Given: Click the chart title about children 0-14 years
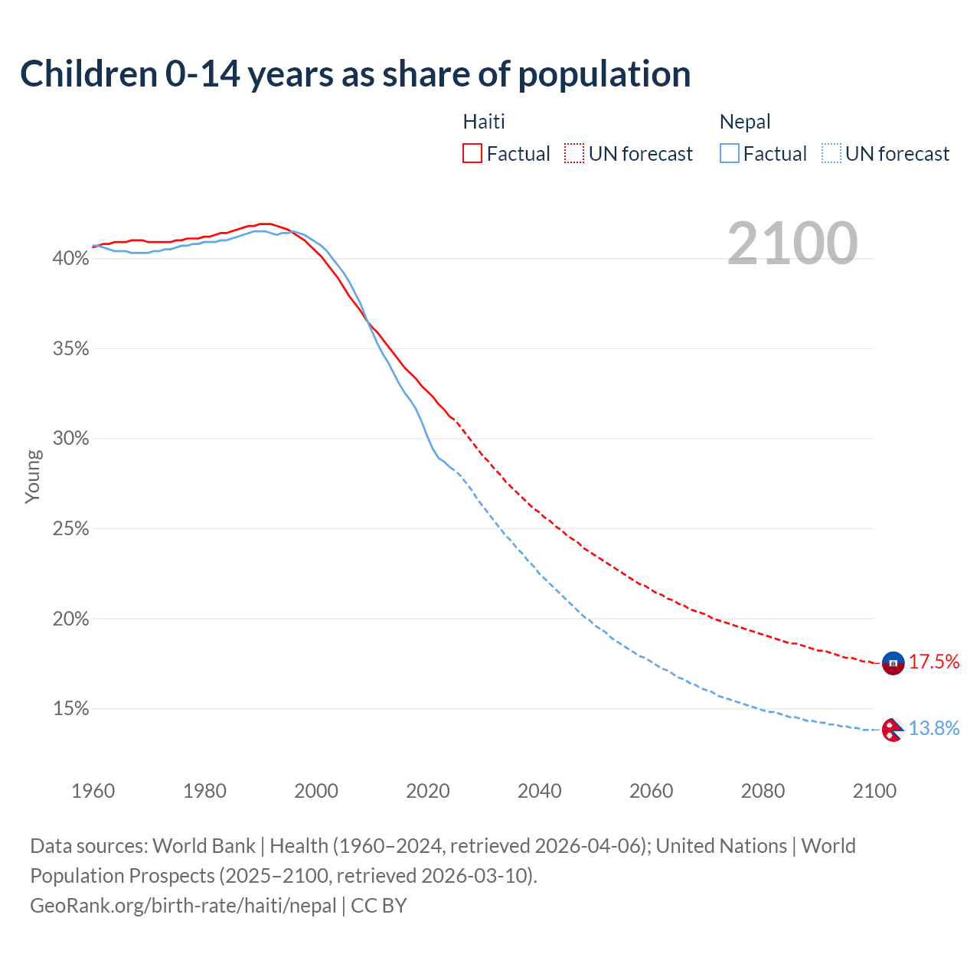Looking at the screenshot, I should point(355,74).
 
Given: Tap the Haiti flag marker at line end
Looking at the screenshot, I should point(893,663).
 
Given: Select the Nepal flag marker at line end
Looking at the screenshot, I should point(892,730).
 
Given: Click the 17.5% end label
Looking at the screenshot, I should point(934,662).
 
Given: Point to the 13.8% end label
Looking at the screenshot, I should point(934,729).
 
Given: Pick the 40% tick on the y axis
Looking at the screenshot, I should point(70,259).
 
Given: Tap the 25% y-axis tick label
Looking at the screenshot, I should point(70,529).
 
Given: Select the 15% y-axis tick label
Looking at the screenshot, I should point(70,709).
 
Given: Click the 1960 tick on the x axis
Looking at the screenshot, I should point(93,791).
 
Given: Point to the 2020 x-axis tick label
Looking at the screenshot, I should point(427,791).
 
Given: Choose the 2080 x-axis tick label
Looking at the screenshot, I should point(763,791).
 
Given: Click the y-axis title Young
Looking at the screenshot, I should point(32,476).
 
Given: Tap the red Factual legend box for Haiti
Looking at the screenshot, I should point(472,154).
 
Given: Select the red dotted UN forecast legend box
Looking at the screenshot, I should point(574,154).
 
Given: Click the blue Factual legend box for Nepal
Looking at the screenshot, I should point(730,154).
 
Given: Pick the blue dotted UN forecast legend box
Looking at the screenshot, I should point(831,154).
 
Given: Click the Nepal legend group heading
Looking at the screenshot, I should point(745,122).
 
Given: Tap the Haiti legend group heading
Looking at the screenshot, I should point(484,122).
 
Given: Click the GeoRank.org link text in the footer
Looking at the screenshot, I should point(183,906).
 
